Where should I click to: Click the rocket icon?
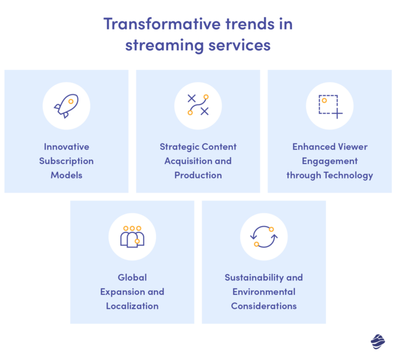[x=66, y=106]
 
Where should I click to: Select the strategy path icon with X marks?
[x=198, y=105]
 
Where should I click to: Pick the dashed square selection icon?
[x=330, y=106]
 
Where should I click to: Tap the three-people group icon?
[x=132, y=236]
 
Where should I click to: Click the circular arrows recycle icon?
[x=264, y=236]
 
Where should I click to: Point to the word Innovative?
[x=66, y=147]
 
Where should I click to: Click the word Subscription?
[x=66, y=161]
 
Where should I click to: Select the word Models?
[x=66, y=175]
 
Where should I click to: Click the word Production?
[x=198, y=175]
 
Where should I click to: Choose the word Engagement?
[x=330, y=161]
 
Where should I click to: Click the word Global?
[x=132, y=277]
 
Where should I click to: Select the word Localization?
[x=132, y=306]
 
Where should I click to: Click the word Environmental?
[x=264, y=292]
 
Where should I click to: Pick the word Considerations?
[x=264, y=306]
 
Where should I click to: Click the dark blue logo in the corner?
[x=377, y=342]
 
